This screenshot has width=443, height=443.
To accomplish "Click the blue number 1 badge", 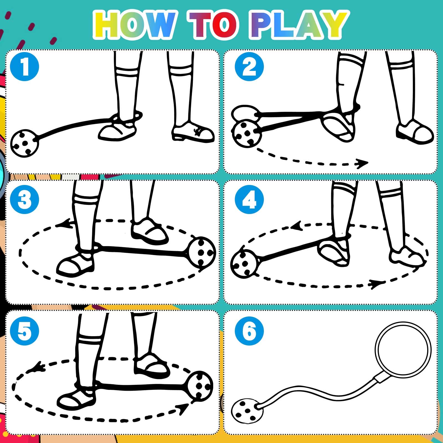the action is [x=24, y=66].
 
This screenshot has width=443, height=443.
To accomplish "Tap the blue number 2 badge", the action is [x=249, y=66].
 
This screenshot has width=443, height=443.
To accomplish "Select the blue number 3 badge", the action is [x=24, y=199].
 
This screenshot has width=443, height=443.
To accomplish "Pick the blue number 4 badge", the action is [x=249, y=199].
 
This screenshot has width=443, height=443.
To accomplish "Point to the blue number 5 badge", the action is [x=24, y=331].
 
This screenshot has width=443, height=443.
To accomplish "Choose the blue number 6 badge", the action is [x=249, y=331].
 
